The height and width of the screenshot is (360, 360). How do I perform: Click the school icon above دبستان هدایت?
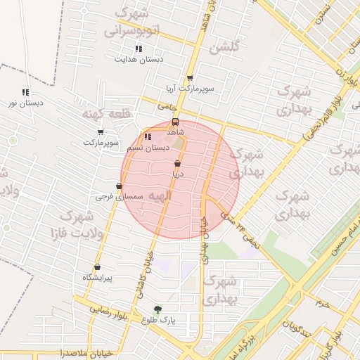pos(139,49)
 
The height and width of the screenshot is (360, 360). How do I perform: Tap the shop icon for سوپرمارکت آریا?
pos(190,79)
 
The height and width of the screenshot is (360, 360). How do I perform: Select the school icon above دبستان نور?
pos(26,92)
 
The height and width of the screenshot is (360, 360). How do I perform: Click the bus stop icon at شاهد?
pos(175,120)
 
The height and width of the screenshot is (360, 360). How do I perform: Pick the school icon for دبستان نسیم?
pos(148,137)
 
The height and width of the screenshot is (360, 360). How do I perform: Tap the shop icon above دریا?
pos(177,163)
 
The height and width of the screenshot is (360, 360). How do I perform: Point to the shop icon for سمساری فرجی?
pos(119,186)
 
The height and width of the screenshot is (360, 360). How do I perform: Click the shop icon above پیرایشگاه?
pos(97,267)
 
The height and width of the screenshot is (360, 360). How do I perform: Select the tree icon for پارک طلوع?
pos(157,309)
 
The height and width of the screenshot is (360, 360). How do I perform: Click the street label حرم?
pos(323,304)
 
